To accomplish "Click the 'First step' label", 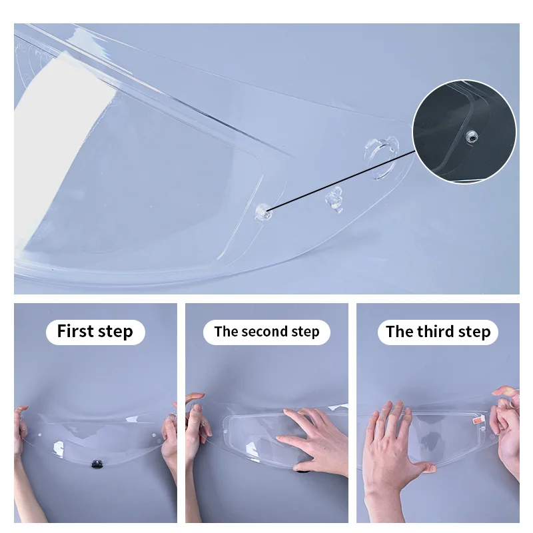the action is tap(95, 332).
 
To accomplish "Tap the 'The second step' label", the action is tap(266, 332).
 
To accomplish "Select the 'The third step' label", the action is tap(438, 332).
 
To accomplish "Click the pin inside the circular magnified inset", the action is tap(472, 137).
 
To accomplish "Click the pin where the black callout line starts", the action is tap(263, 212).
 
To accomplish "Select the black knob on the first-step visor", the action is tap(97, 464).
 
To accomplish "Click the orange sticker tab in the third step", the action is tap(478, 421).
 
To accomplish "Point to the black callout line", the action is tap(340, 181).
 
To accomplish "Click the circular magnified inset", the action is tap(464, 131).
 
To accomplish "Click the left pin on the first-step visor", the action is tap(40, 435).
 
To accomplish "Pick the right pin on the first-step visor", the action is tap(154, 435).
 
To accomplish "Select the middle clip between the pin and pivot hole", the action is tap(334, 200).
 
